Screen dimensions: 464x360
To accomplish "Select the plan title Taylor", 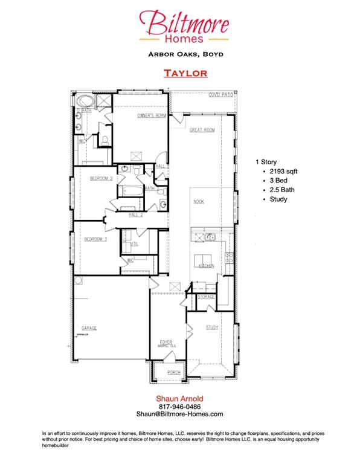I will [185, 73].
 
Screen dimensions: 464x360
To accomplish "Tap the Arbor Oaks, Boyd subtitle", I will [185, 54].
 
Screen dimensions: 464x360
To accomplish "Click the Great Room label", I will [202, 130].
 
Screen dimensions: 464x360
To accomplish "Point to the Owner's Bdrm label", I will [152, 115].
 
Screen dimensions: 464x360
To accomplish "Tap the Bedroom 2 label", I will [102, 178].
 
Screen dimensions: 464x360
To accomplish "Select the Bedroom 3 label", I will [95, 239].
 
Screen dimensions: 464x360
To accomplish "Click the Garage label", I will [89, 328].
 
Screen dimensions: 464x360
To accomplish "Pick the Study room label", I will [211, 327].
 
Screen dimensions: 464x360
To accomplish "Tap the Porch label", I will [174, 372].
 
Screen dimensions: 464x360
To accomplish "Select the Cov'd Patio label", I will [220, 95].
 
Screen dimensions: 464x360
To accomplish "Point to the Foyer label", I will [166, 341].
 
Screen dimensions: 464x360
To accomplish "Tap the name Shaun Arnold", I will [179, 398].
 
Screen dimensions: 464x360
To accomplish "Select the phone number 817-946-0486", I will [179, 406].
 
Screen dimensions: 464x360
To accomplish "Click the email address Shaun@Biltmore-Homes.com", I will [179, 414].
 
